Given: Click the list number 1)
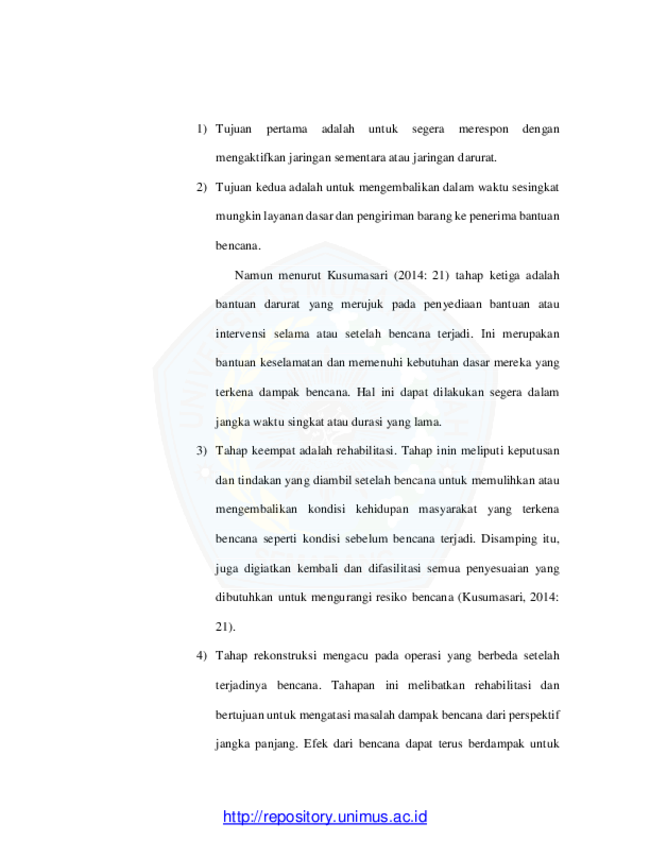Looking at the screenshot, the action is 202,129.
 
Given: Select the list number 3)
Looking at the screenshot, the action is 202,451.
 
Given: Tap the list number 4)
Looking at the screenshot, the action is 202,656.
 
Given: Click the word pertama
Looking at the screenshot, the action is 287,130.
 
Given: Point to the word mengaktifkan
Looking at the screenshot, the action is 250,158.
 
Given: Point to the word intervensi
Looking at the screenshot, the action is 240,334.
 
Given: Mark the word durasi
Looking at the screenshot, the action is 367,422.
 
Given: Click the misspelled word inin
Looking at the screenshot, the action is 446,451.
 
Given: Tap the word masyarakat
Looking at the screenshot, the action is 447,510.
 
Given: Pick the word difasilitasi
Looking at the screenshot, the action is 394,569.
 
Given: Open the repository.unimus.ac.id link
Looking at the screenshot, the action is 325,817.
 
